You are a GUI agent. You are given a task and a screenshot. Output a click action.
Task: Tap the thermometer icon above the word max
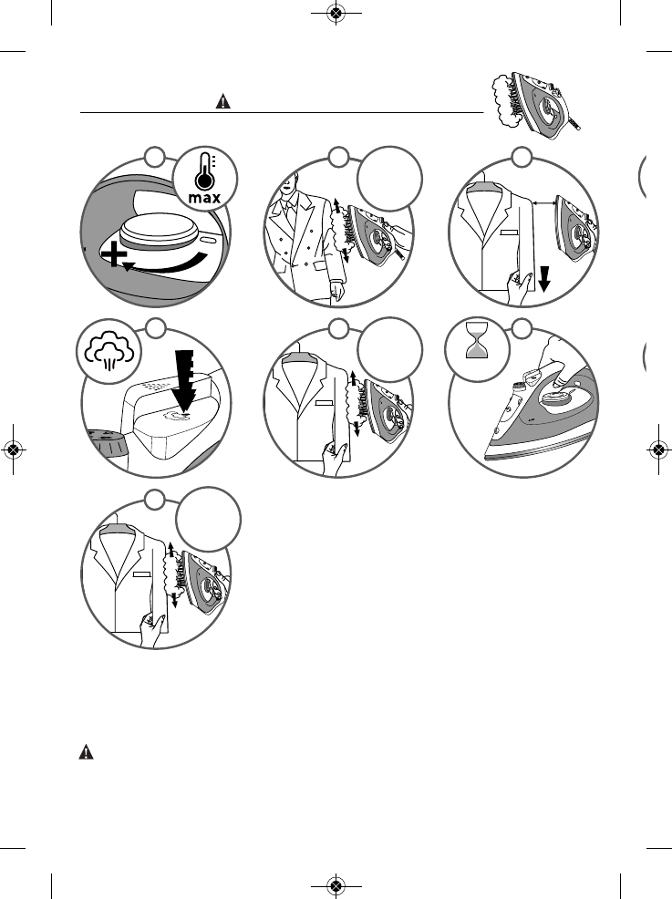(x=203, y=171)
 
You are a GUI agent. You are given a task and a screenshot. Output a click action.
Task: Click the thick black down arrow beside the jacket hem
(x=543, y=276)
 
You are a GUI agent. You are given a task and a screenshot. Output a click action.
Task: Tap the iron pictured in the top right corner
(x=545, y=103)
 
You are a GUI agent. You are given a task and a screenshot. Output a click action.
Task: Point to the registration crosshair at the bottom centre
(x=336, y=885)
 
